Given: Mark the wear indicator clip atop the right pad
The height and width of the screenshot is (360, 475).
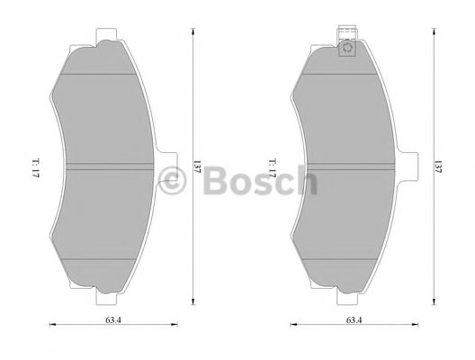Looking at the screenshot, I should coord(345,45).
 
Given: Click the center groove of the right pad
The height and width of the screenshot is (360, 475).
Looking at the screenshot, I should coord(347,166).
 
